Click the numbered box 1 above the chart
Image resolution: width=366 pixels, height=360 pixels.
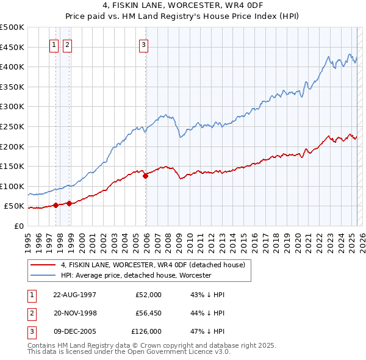click(x=54, y=44)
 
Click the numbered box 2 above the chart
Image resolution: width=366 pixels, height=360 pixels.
click(x=66, y=44)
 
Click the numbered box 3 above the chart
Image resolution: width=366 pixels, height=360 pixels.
click(x=143, y=44)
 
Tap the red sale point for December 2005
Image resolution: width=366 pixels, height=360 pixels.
click(x=146, y=176)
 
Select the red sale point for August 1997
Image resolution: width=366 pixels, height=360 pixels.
click(x=56, y=205)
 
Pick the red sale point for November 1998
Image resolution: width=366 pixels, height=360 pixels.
click(x=70, y=204)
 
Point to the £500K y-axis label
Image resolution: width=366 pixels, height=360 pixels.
click(x=12, y=27)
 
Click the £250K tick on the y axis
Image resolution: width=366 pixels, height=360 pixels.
click(x=12, y=126)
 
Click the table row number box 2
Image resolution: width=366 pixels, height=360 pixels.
click(x=30, y=312)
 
